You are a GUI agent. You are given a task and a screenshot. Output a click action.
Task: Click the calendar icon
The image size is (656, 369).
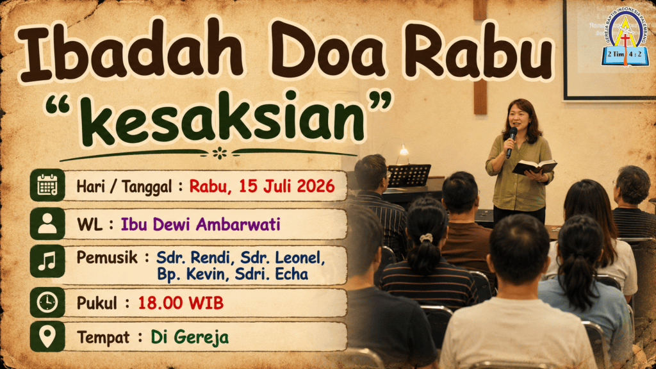pyautogui.click(x=47, y=185)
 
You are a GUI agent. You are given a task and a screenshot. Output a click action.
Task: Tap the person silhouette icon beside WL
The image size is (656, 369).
pyautogui.click(x=47, y=224)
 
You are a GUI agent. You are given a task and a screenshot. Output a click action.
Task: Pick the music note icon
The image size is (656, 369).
pyautogui.click(x=47, y=261)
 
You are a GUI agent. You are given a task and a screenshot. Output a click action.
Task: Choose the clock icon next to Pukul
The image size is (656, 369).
pyautogui.click(x=47, y=302)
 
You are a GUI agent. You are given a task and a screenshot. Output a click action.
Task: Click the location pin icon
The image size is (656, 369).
pyautogui.click(x=47, y=336)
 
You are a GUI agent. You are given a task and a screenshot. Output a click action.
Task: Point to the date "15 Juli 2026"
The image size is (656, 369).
pyautogui.click(x=286, y=186)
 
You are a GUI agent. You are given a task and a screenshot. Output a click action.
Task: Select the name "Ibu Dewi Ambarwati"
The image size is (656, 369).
pyautogui.click(x=201, y=225)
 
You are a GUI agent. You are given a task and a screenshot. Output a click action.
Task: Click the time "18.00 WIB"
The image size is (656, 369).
pyautogui.click(x=181, y=303)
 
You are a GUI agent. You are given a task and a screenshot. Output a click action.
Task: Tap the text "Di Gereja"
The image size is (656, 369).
pyautogui.click(x=190, y=337)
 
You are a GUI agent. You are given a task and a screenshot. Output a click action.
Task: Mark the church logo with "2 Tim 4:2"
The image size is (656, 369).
pyautogui.click(x=625, y=38)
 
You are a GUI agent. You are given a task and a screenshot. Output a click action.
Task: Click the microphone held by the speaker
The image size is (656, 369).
pyautogui.click(x=511, y=142)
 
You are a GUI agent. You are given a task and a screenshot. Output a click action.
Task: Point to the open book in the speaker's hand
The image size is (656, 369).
pyautogui.click(x=534, y=167)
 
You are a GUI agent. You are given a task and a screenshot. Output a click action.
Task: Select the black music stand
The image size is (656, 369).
pyautogui.click(x=409, y=176)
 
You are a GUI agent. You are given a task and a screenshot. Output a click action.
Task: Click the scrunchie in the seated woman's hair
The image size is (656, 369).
pyautogui.click(x=426, y=238)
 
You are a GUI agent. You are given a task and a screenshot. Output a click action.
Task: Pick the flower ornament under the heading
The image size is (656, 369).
pyautogui.click(x=219, y=153)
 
